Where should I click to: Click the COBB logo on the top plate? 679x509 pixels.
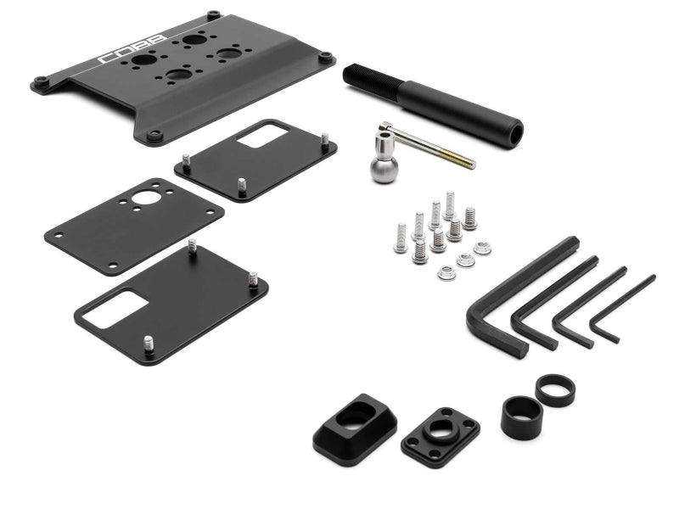point(132,49)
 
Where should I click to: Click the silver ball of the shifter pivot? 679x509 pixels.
point(384,170)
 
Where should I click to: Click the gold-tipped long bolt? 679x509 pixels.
point(427,145)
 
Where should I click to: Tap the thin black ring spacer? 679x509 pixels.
point(555,390)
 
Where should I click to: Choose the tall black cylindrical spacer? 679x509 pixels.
point(521,417)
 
